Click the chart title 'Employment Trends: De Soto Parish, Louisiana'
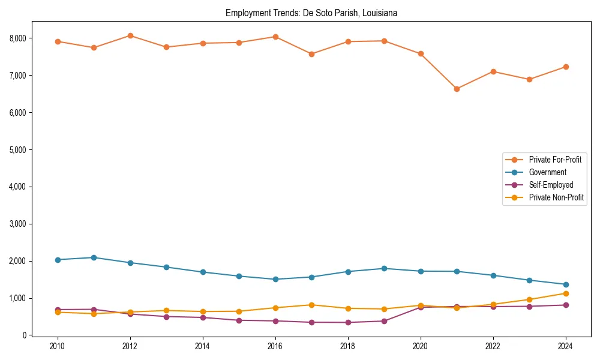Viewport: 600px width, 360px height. pyautogui.click(x=311, y=13)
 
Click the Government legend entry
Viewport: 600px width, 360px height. pyautogui.click(x=547, y=172)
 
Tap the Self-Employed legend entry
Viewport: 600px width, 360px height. pyautogui.click(x=551, y=185)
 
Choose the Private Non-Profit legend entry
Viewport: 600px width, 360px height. pyautogui.click(x=556, y=197)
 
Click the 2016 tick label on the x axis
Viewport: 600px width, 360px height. pyautogui.click(x=275, y=346)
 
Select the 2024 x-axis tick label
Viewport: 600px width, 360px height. pyautogui.click(x=565, y=346)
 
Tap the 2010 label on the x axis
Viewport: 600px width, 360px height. pyautogui.click(x=58, y=346)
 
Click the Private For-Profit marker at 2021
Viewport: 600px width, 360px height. pyautogui.click(x=457, y=89)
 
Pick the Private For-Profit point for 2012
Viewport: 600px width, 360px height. pyautogui.click(x=130, y=35)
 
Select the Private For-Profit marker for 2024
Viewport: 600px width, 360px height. pyautogui.click(x=565, y=67)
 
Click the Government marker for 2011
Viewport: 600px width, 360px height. pyautogui.click(x=94, y=257)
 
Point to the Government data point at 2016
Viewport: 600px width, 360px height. pyautogui.click(x=275, y=279)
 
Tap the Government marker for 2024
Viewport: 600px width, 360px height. pyautogui.click(x=565, y=284)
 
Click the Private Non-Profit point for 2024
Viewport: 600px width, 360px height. pyautogui.click(x=565, y=293)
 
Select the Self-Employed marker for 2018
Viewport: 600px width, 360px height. pyautogui.click(x=348, y=322)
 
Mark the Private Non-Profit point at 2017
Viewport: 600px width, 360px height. pyautogui.click(x=311, y=305)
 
